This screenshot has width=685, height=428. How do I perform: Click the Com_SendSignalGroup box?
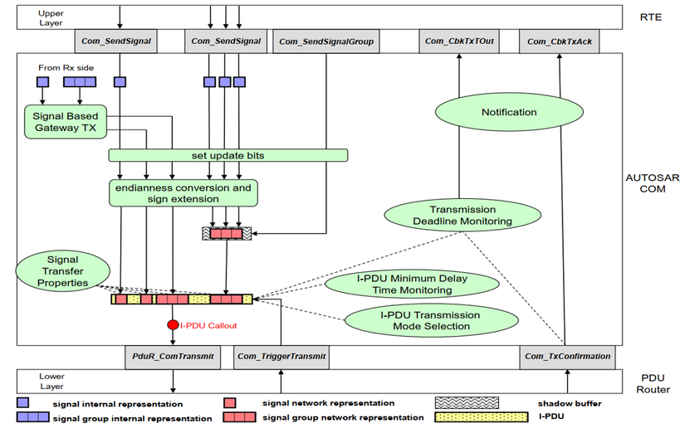325,41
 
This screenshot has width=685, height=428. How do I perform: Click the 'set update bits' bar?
228,155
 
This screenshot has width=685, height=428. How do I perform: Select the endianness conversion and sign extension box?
183,193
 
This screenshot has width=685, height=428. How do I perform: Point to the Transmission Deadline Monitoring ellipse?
462,216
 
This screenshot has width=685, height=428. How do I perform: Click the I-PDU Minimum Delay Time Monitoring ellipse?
412,285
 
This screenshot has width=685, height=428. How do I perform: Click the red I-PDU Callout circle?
173,326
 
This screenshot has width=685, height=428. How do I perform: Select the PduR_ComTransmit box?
173,357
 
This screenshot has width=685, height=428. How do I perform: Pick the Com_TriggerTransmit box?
281,357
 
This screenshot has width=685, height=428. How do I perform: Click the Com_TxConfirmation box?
568,357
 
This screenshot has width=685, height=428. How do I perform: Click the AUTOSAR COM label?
651,184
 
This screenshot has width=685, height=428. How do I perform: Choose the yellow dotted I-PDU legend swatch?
482,416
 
